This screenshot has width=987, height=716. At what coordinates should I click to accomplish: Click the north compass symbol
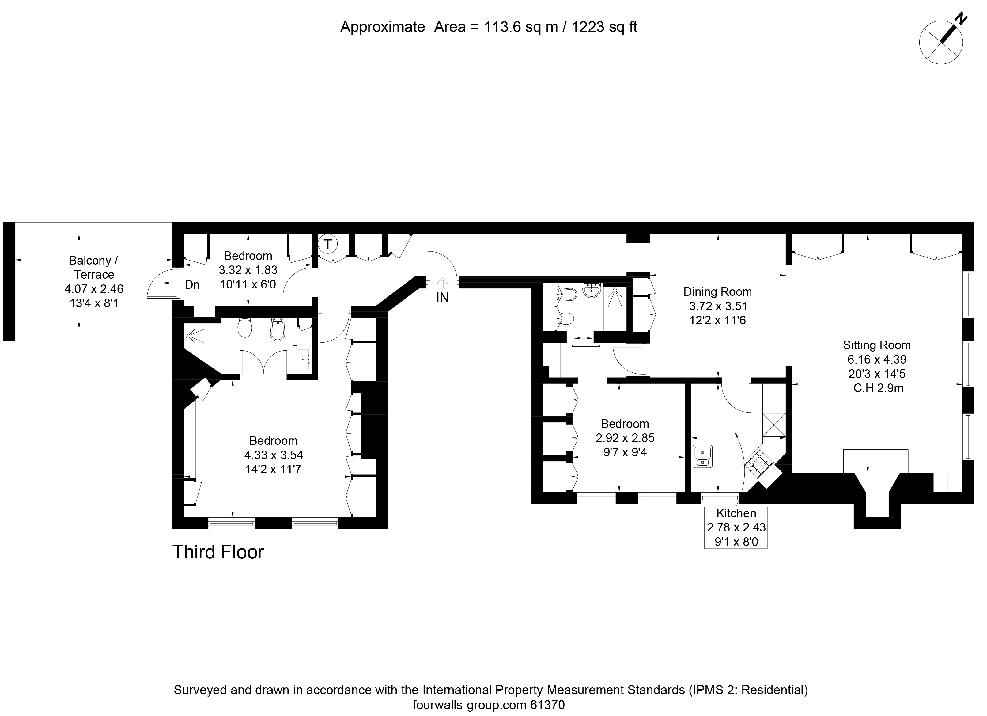(x=941, y=43)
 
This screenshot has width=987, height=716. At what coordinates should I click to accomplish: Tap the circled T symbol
(x=328, y=244)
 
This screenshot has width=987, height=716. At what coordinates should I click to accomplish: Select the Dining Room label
(x=718, y=292)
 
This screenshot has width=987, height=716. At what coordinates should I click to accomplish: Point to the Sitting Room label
(x=877, y=345)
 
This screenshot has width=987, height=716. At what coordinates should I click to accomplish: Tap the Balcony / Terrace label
(x=93, y=267)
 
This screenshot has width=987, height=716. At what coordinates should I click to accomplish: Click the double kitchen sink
(x=702, y=456)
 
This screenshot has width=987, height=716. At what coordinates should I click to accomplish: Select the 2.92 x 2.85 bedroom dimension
(x=625, y=438)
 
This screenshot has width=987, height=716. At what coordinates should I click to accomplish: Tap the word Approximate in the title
(x=383, y=28)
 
